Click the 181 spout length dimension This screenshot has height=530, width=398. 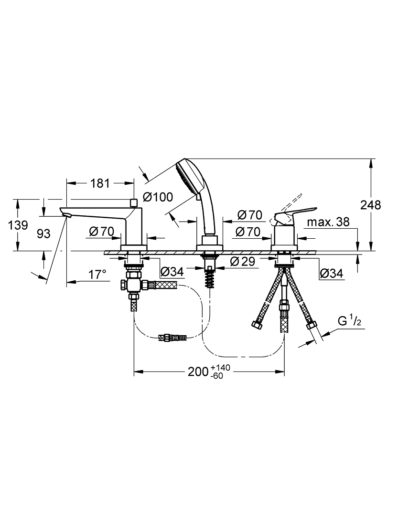(x=100, y=183)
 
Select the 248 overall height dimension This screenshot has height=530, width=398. (x=370, y=204)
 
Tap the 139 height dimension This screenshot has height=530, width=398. (x=18, y=225)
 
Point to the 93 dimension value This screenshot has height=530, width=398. (x=43, y=233)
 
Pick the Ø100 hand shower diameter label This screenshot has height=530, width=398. (x=158, y=196)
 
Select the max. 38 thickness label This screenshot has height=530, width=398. (x=328, y=222)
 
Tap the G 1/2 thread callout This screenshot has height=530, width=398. (x=350, y=321)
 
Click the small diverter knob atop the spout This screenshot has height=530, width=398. (x=133, y=202)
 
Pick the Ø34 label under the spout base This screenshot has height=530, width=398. (x=172, y=271)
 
